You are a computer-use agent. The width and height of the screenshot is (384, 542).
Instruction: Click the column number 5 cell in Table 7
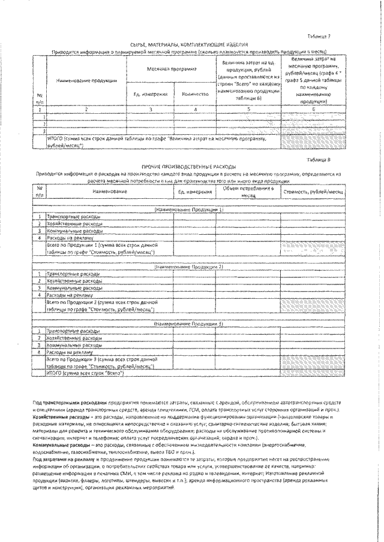pos(247,110)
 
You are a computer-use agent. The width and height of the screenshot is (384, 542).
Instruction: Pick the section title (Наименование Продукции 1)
pos(189,210)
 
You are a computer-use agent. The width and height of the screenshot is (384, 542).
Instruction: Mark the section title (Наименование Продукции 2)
pos(189,266)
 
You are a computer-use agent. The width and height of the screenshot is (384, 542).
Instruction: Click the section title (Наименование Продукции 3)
pos(189,323)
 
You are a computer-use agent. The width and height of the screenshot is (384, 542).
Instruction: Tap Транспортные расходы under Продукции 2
pos(70,273)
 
